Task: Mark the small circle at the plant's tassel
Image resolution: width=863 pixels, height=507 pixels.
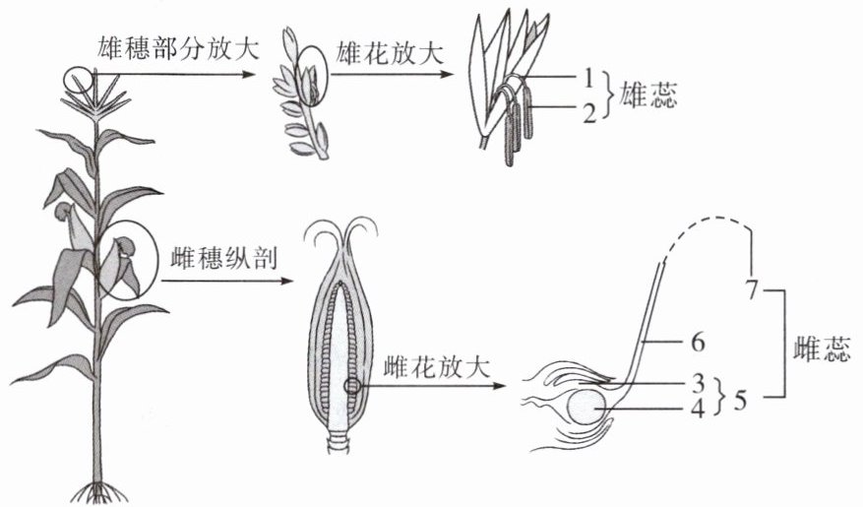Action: point(78,76)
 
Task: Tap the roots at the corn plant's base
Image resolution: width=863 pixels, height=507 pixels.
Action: point(97,489)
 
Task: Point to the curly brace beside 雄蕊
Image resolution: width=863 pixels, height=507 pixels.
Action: point(611,95)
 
